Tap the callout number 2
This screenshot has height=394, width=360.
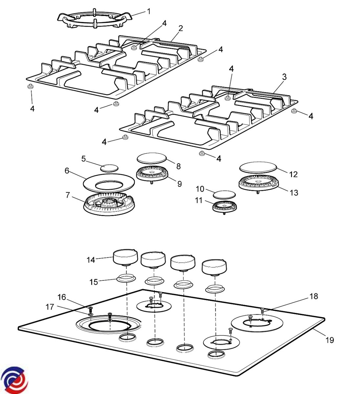point(180,29)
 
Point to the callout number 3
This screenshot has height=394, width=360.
point(284,77)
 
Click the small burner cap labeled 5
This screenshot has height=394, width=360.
point(109,168)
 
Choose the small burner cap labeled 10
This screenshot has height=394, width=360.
point(224,194)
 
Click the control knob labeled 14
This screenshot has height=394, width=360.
point(126,257)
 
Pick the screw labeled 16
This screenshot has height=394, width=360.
point(91,309)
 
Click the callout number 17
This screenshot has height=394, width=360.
point(50,307)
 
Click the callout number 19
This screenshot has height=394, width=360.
point(329,340)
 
